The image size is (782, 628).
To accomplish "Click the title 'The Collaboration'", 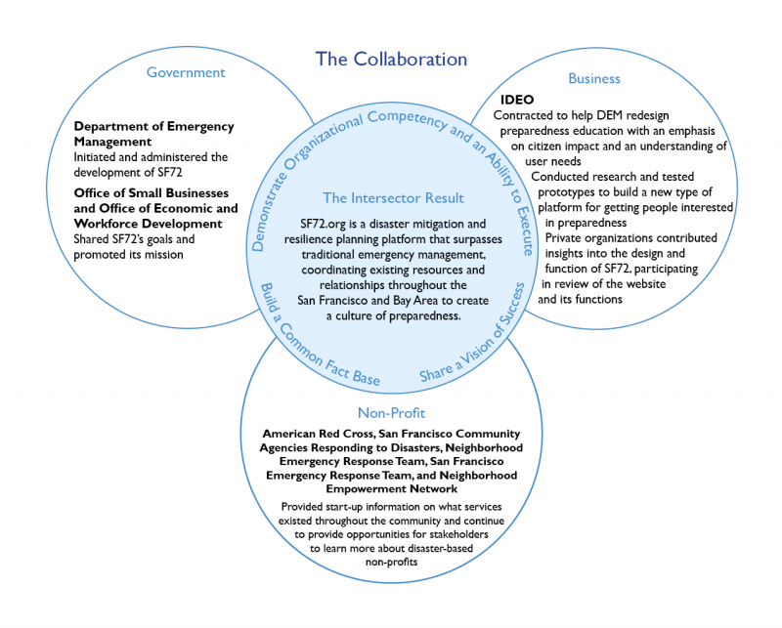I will (x=391, y=59).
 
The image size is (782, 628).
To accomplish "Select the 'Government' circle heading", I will (x=186, y=72).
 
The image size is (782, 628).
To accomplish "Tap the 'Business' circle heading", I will (x=594, y=78).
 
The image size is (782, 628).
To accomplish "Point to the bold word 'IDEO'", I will (x=517, y=100).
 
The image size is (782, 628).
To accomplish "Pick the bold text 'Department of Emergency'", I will (x=153, y=127).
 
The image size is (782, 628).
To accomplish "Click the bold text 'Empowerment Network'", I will (x=391, y=487).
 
